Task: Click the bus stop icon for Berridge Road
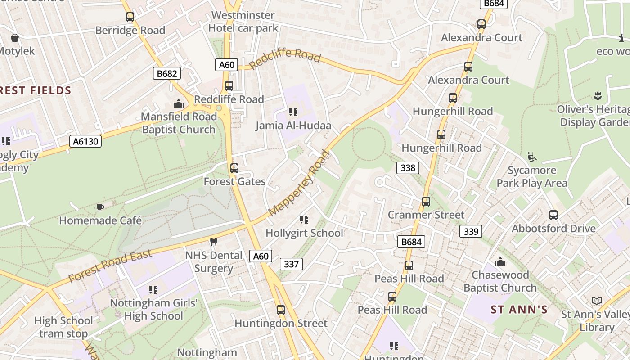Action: click(130, 17)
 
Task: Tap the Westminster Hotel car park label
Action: click(243, 22)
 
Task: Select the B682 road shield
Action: click(166, 74)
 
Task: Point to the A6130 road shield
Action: click(85, 142)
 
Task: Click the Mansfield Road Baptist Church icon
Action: click(179, 104)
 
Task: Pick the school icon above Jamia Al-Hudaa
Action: click(293, 112)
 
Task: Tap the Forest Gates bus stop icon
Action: click(234, 168)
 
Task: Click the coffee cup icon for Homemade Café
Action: click(100, 207)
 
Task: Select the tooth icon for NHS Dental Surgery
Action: click(214, 242)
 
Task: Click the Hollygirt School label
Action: click(304, 233)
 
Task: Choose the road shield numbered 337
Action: click(291, 264)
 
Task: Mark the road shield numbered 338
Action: click(408, 168)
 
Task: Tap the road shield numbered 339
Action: click(471, 232)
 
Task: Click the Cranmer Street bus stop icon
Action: click(426, 202)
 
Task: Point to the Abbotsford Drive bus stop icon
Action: click(553, 215)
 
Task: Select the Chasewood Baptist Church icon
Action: click(500, 261)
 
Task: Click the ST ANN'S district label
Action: click(519, 310)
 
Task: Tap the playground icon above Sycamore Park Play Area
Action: click(532, 157)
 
